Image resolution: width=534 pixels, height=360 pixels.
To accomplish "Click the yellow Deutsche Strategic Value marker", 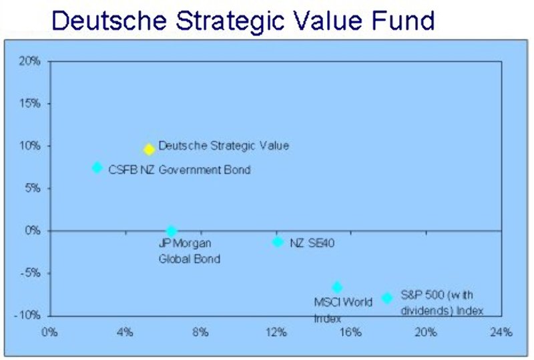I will [x=150, y=150].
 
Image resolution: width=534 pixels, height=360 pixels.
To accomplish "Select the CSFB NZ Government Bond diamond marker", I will [x=97, y=167].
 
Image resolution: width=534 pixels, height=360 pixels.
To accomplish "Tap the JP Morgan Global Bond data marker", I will [x=172, y=231].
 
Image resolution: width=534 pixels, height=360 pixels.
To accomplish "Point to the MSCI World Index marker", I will [x=338, y=287].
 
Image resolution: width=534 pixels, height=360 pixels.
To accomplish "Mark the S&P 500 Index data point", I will [x=387, y=298].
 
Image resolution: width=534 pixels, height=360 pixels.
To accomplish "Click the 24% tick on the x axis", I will [x=502, y=332].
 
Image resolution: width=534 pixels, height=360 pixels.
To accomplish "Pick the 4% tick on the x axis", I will [x=125, y=332].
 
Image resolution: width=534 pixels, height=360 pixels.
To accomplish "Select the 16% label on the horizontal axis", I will [x=351, y=332].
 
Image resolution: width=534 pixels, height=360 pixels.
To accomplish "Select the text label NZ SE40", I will [x=312, y=243].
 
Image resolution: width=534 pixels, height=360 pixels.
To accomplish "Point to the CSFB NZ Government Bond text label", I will [x=179, y=170].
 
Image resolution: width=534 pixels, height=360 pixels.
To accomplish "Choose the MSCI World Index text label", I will [x=343, y=309].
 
